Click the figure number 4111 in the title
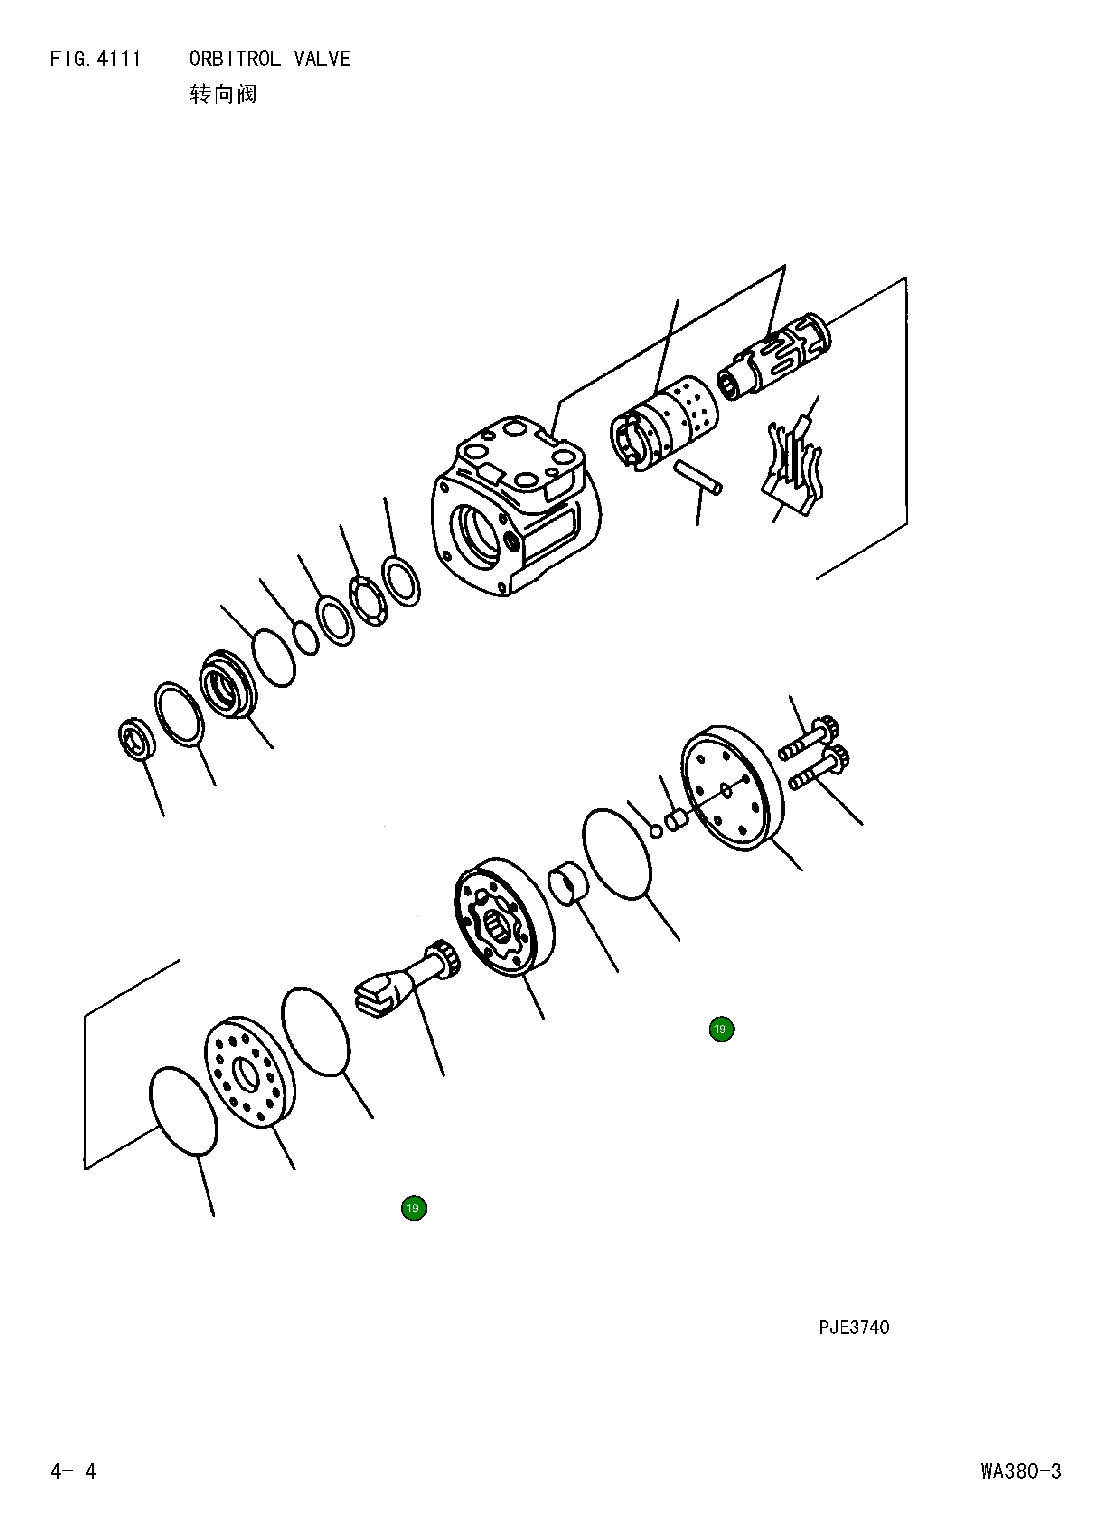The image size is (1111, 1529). click(x=119, y=59)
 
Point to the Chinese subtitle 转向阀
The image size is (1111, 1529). click(x=223, y=94)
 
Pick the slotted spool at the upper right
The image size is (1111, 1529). click(x=776, y=357)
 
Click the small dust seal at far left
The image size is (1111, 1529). click(x=136, y=740)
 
